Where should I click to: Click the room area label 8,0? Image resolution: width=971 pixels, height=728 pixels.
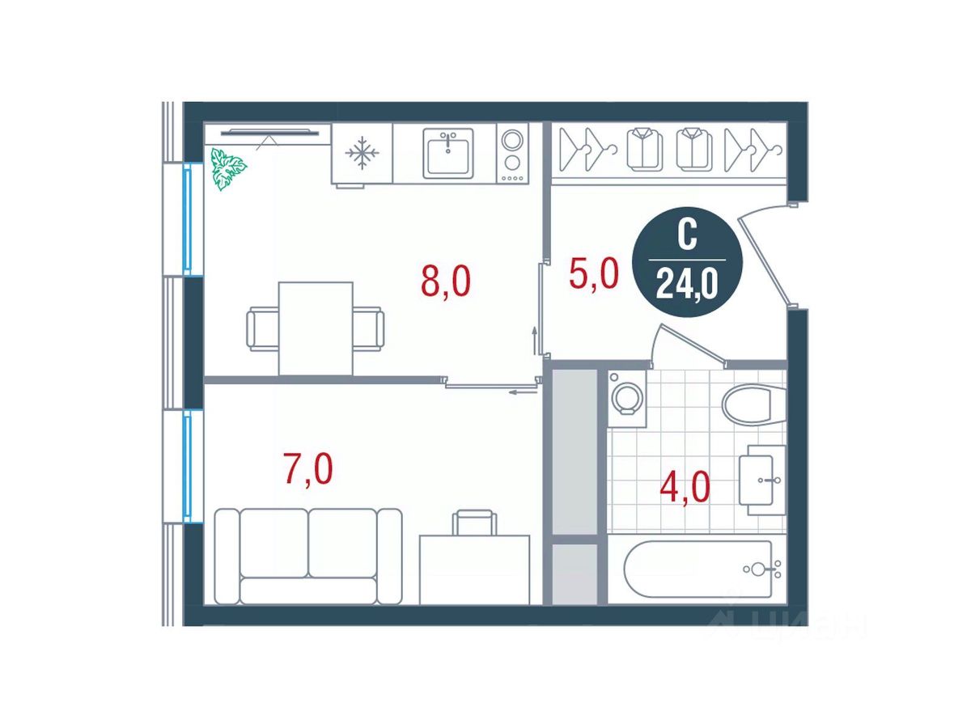[446, 282]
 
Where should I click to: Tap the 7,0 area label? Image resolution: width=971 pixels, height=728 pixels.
[308, 469]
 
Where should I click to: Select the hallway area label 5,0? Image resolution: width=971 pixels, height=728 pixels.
[593, 274]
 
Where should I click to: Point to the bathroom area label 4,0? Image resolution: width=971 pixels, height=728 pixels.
[685, 487]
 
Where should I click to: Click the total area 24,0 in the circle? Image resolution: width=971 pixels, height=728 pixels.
[687, 284]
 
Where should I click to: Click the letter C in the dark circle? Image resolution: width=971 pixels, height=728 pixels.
[687, 235]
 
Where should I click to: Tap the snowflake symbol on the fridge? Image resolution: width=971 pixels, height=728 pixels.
[362, 153]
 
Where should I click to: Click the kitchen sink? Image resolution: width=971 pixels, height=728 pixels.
[447, 154]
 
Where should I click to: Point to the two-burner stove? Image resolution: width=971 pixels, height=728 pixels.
[512, 153]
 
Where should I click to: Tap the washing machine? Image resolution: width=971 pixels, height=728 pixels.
[626, 399]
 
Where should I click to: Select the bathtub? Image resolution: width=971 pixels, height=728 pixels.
[698, 569]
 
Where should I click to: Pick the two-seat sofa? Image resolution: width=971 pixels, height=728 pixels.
[308, 556]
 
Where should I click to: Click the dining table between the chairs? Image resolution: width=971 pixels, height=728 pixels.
[316, 329]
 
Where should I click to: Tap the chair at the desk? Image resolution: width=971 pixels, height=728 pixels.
[474, 523]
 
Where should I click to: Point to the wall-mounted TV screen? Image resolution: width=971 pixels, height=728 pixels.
[269, 132]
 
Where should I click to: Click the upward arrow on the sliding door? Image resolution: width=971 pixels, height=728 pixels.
[534, 341]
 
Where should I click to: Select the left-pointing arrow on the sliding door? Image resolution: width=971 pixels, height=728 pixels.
[523, 392]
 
